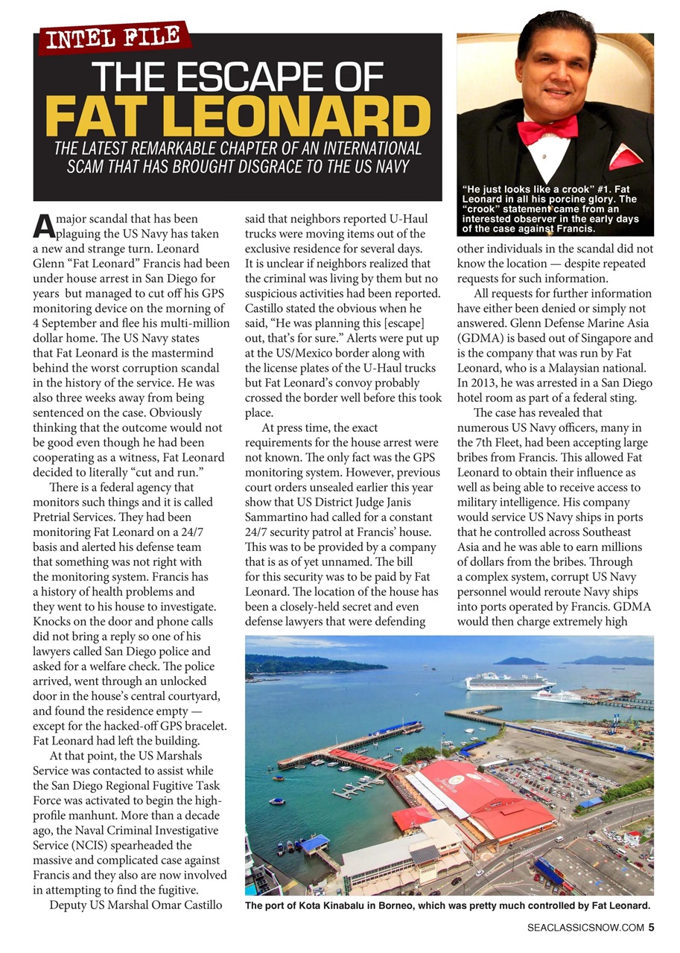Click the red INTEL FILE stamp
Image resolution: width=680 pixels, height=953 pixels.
[113, 37]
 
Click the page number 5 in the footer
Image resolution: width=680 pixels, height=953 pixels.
[650, 927]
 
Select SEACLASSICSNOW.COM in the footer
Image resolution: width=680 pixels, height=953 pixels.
[585, 928]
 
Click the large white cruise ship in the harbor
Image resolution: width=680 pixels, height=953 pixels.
[509, 681]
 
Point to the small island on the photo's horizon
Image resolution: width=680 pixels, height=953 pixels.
[519, 660]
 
